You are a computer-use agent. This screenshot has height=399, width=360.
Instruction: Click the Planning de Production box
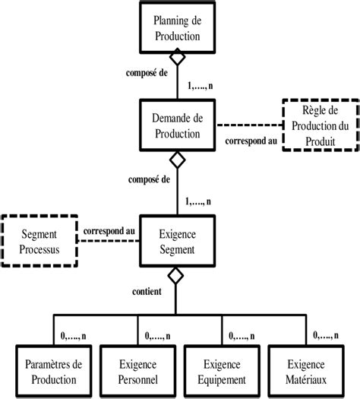pos(176,26)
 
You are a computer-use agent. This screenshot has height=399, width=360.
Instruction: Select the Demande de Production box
pos(176,126)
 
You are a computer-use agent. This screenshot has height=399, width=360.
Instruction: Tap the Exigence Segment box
pos(176,241)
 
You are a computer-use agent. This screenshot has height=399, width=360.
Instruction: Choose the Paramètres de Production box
pos(52,372)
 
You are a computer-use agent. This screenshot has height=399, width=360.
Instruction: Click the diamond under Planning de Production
pos(176,59)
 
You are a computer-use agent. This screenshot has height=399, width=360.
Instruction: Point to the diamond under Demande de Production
pos(176,160)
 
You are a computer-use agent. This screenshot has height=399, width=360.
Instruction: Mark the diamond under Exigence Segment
pos(176,276)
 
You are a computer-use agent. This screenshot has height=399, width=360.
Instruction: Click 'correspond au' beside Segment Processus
pos(109,229)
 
